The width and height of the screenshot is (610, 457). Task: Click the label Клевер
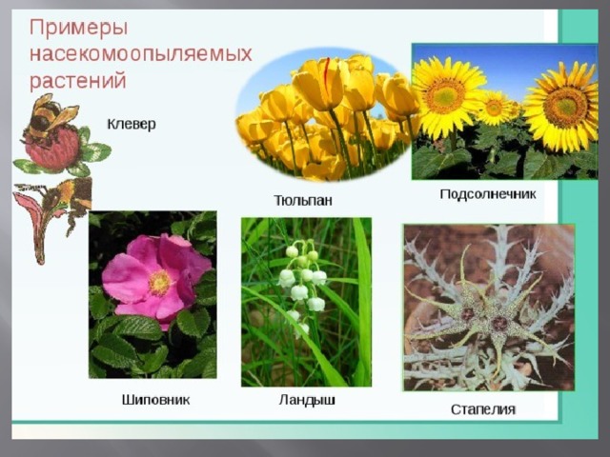(132, 125)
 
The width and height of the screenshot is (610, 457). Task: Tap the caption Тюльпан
(303, 201)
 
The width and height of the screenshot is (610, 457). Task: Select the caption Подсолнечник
(488, 194)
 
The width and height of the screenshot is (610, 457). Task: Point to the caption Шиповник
(155, 400)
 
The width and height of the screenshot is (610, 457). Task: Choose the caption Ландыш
(307, 400)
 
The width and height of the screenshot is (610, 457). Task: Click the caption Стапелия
(483, 409)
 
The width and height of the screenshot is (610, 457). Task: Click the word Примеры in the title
(78, 29)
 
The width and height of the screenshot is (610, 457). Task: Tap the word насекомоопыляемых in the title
(141, 54)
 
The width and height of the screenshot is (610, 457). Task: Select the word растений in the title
(78, 81)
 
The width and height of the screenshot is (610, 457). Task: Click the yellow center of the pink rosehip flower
(159, 283)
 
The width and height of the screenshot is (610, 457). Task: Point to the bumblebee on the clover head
(49, 116)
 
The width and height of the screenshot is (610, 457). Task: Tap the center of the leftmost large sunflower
(445, 95)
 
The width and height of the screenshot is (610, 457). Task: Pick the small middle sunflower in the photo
(495, 108)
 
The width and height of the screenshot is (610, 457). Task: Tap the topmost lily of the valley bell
(292, 251)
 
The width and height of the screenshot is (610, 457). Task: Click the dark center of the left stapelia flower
(468, 313)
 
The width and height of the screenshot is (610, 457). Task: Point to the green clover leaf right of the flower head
(95, 152)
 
